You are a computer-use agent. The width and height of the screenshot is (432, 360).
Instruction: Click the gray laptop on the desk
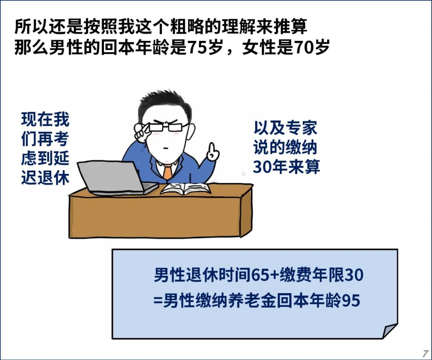[116, 178]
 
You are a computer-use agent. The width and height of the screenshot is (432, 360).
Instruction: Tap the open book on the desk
[186, 189]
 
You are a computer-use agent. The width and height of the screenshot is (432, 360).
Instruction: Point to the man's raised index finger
[212, 148]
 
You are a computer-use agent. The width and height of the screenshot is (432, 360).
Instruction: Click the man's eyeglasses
[162, 127]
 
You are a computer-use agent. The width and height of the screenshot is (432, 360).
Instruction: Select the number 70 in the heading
[304, 48]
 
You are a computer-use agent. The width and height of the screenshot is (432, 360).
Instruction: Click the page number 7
[425, 353]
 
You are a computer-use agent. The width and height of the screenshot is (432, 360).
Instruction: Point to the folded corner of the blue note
[390, 330]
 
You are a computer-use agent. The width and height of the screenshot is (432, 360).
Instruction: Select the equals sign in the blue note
[158, 301]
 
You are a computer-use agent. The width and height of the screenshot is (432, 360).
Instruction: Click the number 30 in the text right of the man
[262, 167]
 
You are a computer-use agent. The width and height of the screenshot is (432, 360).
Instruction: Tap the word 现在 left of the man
[37, 119]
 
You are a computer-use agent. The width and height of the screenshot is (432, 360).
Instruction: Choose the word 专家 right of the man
[301, 128]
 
